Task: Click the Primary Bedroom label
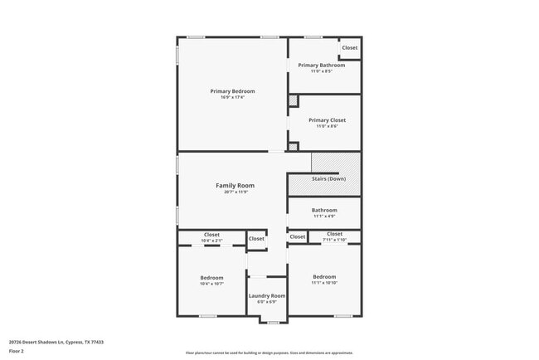232,91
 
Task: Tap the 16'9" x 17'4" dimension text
232,97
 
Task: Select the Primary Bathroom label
321,65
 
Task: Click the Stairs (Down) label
328,179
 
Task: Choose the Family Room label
235,186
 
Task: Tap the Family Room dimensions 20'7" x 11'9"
235,192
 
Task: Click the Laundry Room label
266,295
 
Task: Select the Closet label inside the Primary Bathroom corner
350,48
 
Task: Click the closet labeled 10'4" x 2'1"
211,235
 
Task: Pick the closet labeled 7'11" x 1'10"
334,235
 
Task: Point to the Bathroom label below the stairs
324,211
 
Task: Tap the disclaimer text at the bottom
269,353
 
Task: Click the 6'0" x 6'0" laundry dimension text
266,302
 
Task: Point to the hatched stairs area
335,163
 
